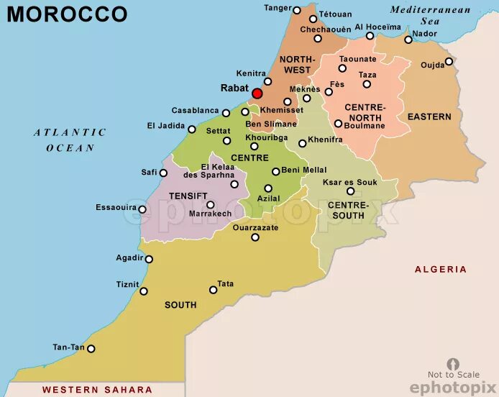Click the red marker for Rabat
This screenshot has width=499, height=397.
click(x=257, y=93)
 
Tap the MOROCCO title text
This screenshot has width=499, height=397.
click(x=67, y=14)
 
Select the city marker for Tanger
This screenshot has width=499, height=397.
click(x=297, y=10)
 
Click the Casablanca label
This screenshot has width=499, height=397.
click(x=195, y=111)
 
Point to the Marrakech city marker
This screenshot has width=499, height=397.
click(x=211, y=204)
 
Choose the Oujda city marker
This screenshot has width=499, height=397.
click(x=449, y=61)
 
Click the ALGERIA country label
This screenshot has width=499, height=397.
click(x=440, y=269)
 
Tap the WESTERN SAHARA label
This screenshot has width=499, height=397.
click(x=97, y=390)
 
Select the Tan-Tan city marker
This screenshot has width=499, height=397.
click(x=91, y=349)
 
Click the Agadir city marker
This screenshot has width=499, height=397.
click(x=149, y=260)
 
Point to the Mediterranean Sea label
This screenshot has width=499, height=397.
click(x=430, y=16)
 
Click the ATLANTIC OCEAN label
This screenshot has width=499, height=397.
click(x=70, y=140)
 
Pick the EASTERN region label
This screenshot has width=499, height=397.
click(x=429, y=117)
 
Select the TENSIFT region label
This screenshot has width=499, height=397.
click(x=188, y=196)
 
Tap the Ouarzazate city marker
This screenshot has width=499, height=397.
click(x=255, y=237)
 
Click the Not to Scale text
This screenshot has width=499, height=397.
click(x=453, y=374)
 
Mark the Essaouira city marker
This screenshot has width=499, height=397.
click(x=142, y=210)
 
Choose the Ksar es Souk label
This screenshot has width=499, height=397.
click(x=349, y=183)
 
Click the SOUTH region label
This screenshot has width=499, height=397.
click(x=180, y=305)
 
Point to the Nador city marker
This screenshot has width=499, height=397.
click(x=408, y=40)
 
